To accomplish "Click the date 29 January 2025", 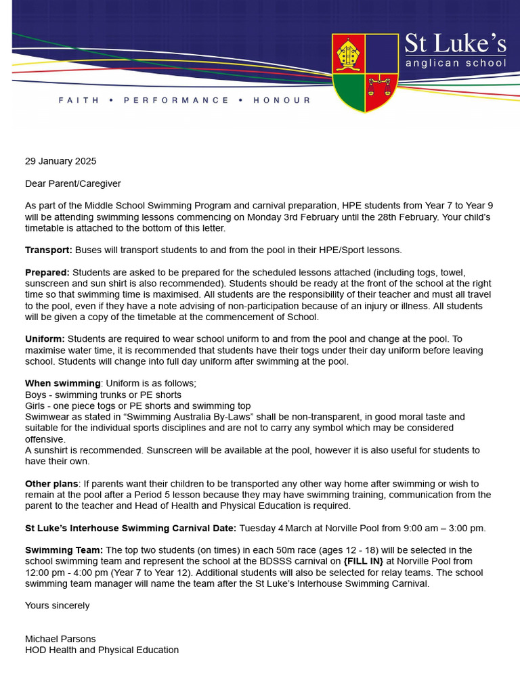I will pyautogui.click(x=61, y=161).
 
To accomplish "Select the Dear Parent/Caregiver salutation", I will pyautogui.click(x=73, y=183).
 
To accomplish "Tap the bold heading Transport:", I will pyautogui.click(x=48, y=250).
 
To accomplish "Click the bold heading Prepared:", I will pyautogui.click(x=47, y=272).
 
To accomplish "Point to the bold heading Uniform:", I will pyautogui.click(x=45, y=338).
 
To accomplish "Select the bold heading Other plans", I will pyautogui.click(x=52, y=484).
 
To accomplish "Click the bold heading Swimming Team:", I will pyautogui.click(x=64, y=550).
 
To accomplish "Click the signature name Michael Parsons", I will pyautogui.click(x=60, y=639).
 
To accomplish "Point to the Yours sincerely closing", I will pyautogui.click(x=57, y=606).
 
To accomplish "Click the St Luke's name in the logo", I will pyautogui.click(x=455, y=44).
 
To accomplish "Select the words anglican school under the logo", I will pyautogui.click(x=455, y=63).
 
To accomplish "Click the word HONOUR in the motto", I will pyautogui.click(x=282, y=100).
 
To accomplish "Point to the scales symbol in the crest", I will pyautogui.click(x=380, y=87).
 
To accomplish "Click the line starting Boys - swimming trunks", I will pyautogui.click(x=103, y=395).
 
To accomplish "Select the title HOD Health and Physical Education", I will pyautogui.click(x=102, y=650).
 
